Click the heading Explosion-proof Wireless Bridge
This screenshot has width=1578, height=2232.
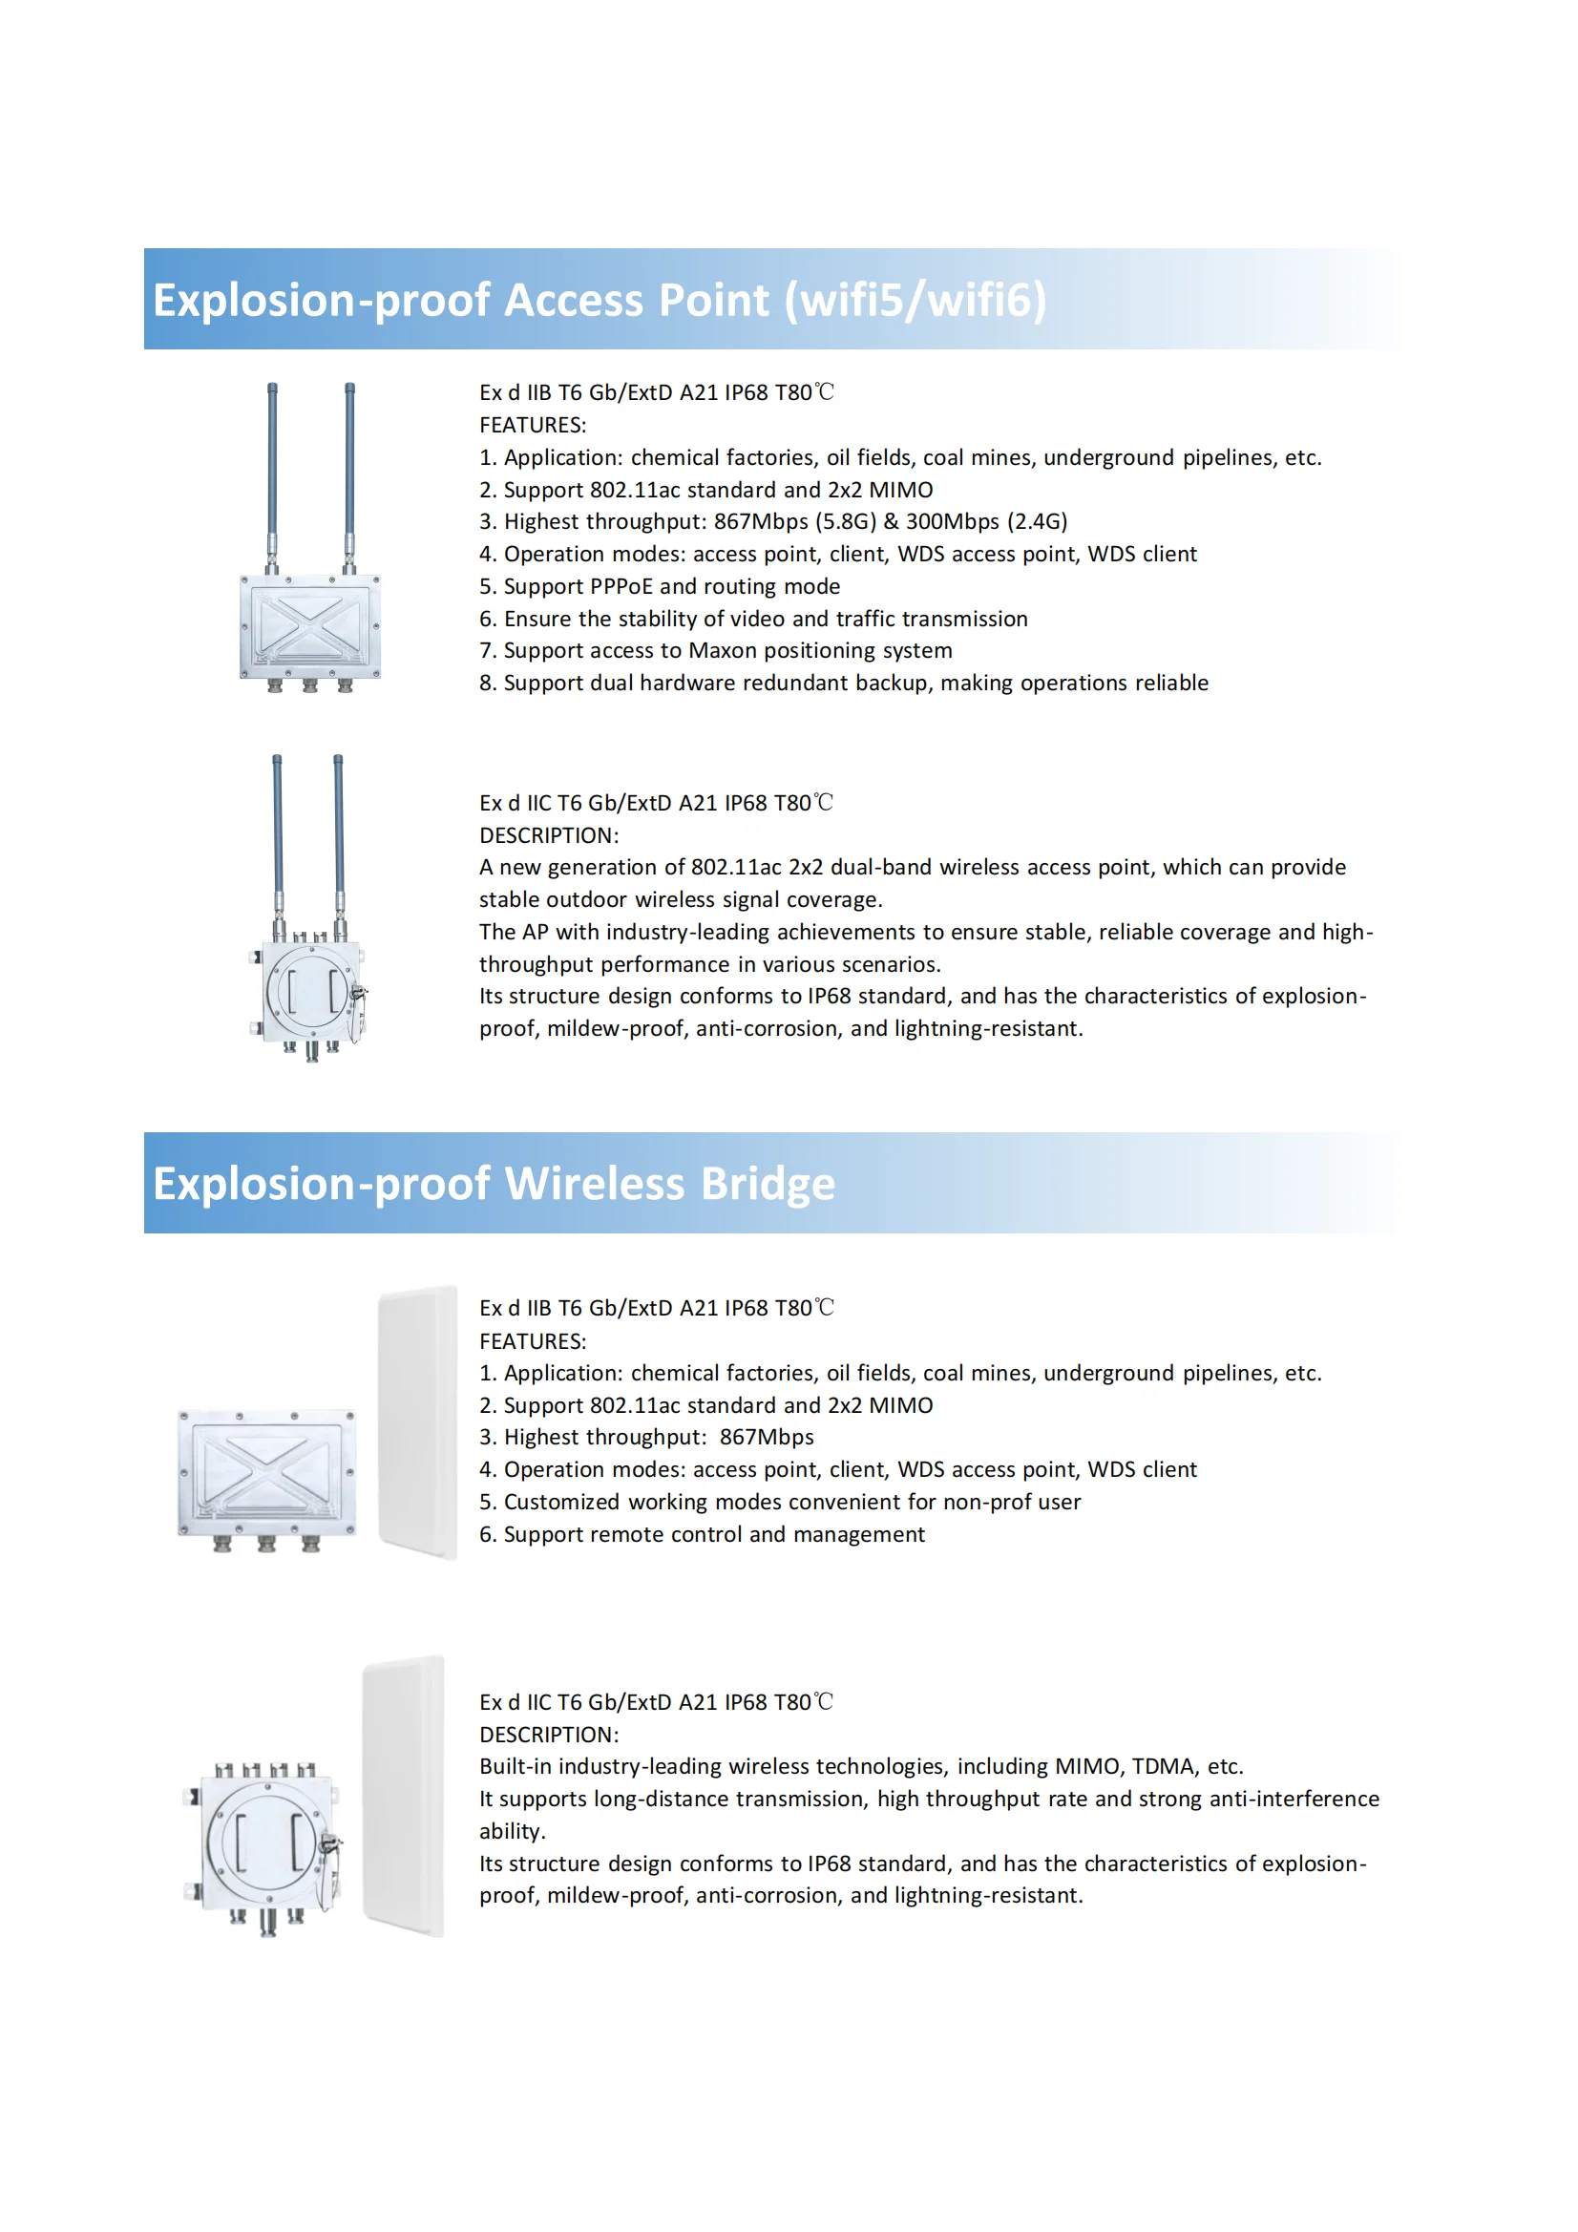point(493,1183)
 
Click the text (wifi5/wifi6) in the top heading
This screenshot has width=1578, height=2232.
point(915,300)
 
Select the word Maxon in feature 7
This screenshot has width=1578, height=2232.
point(724,650)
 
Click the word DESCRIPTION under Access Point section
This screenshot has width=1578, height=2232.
point(547,835)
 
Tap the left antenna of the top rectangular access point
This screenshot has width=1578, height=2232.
point(272,467)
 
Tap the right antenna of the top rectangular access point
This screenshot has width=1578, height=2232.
point(350,467)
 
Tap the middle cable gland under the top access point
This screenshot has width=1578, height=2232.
point(309,685)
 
